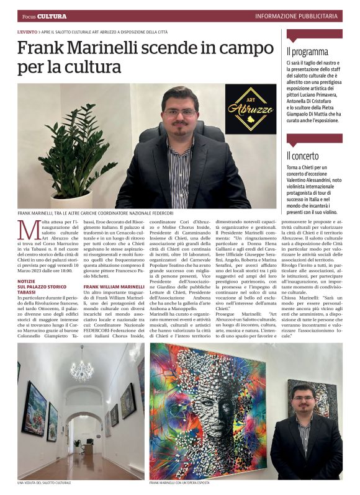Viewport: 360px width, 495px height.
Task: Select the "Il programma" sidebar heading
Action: pyautogui.click(x=308, y=51)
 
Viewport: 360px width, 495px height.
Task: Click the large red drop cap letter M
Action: pyautogui.click(x=28, y=230)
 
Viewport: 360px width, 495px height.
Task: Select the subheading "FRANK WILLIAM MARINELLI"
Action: pyautogui.click(x=114, y=287)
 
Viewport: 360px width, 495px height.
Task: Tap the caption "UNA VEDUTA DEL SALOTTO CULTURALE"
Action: pyautogui.click(x=45, y=482)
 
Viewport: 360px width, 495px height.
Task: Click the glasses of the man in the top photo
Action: pyautogui.click(x=179, y=114)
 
